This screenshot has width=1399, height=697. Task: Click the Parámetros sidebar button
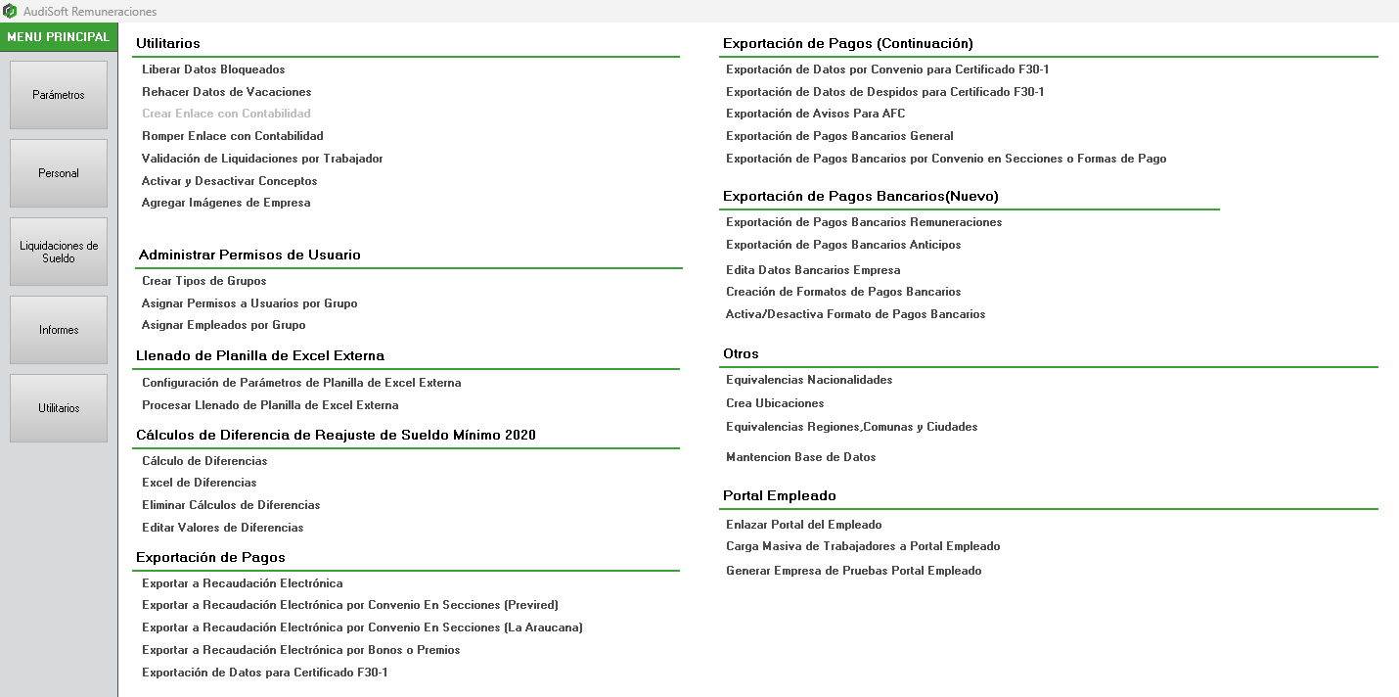(59, 95)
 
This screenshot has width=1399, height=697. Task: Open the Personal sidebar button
(59, 173)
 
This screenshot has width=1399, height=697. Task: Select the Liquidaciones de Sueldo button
(59, 252)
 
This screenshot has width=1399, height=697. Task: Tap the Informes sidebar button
(59, 330)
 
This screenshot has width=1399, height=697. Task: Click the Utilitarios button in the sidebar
(59, 408)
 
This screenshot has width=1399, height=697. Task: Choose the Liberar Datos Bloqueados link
(213, 70)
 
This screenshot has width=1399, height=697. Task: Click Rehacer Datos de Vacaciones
(226, 92)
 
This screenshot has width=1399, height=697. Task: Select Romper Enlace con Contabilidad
(232, 136)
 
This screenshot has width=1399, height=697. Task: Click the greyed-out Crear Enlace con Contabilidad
(226, 114)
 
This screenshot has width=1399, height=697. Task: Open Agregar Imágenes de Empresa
(226, 203)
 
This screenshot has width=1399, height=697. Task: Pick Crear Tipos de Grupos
(203, 281)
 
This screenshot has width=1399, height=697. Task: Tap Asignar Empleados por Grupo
(223, 325)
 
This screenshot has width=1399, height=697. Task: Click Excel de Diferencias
(199, 483)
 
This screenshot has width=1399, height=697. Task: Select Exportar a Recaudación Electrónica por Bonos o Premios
(300, 650)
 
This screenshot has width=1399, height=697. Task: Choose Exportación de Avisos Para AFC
(815, 114)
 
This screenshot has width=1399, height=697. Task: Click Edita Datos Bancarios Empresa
(813, 270)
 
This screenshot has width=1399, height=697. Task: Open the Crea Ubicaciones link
(775, 403)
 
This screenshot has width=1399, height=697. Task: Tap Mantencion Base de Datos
(800, 457)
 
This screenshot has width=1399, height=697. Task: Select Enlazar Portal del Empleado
(803, 525)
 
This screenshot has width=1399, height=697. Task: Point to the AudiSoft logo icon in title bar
(10, 11)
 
